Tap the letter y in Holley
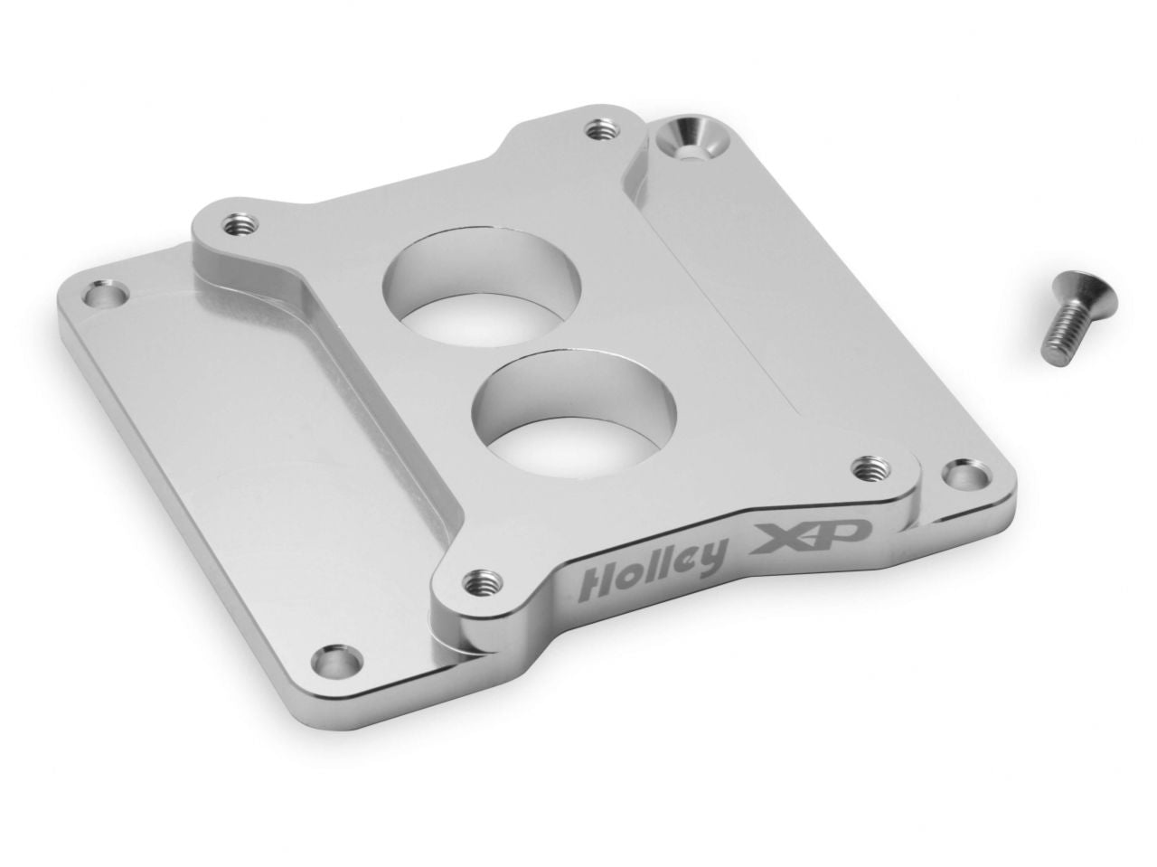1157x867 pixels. pos(708,559)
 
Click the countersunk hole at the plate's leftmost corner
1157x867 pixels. pos(103,297)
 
